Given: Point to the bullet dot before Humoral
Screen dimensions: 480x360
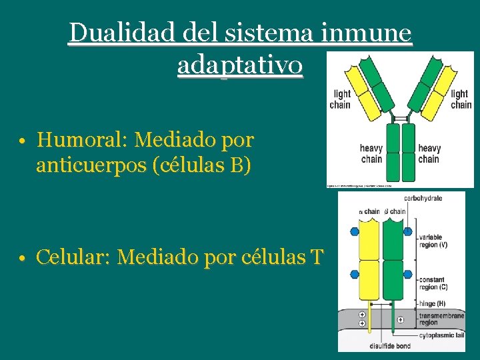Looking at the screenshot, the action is coord(22,141).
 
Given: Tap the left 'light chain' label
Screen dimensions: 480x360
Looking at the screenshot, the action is coord(340,99).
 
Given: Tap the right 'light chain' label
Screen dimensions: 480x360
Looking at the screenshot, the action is coord(460,99).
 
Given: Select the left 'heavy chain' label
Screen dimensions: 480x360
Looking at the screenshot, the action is coord(371,153).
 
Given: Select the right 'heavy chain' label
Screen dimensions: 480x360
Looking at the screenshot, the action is coord(429,153).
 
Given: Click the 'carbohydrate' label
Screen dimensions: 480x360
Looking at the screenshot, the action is coord(423,198).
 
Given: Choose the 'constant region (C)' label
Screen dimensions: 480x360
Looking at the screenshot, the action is coord(434,283).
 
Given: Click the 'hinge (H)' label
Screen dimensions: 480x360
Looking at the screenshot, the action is coord(432,303).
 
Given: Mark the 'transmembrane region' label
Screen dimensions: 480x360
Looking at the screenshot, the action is coord(437,319).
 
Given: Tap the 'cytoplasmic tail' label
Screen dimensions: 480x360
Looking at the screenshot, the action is coord(441,335).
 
